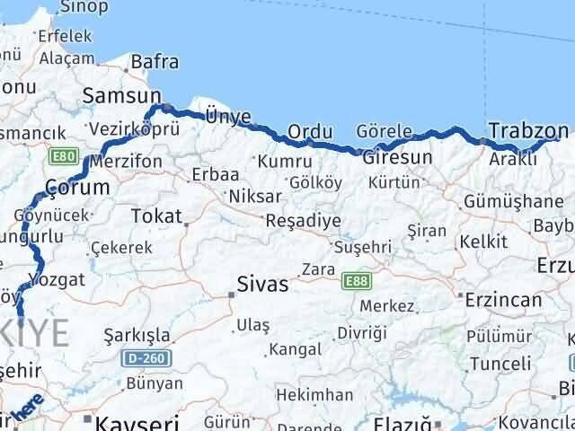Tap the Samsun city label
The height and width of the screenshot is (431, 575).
point(120,95)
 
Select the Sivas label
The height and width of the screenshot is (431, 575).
point(262,286)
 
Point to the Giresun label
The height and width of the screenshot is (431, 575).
point(398,157)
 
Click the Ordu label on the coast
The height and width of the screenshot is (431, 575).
point(310,132)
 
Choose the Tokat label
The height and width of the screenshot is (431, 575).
point(156,215)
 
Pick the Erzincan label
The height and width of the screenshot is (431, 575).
point(503,300)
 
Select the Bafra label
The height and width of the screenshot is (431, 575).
point(154,62)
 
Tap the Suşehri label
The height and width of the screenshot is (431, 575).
point(363,246)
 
